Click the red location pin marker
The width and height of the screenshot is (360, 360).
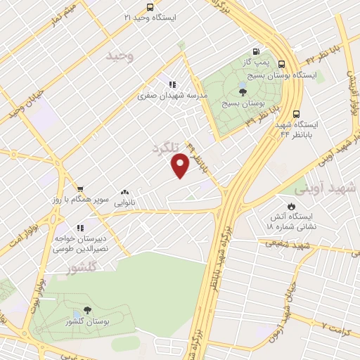click(180, 165)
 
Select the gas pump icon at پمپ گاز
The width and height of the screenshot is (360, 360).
click(255, 51)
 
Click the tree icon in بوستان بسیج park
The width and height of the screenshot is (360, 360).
click(243, 91)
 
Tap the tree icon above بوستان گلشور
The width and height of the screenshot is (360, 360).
click(87, 310)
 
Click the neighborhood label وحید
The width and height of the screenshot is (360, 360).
click(120, 56)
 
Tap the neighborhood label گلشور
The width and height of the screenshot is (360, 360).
click(84, 267)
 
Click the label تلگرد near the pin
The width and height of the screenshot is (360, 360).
click(166, 147)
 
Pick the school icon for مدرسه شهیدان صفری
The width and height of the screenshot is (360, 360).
click(172, 84)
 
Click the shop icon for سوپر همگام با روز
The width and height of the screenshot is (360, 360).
click(80, 188)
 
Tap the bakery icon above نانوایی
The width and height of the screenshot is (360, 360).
click(125, 191)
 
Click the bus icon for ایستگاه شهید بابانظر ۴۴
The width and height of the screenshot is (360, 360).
click(296, 113)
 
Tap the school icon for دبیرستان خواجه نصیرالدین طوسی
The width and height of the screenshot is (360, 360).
click(80, 228)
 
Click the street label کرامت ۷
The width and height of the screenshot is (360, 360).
click(335, 326)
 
